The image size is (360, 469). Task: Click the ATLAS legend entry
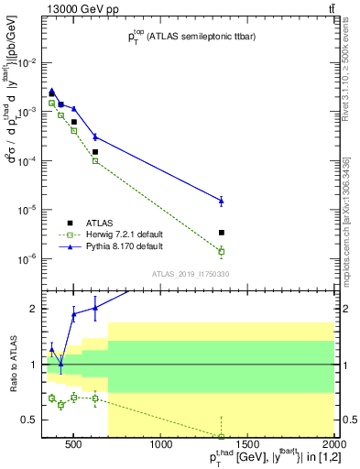pos(98,223)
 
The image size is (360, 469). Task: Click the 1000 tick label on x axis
pos(161,446)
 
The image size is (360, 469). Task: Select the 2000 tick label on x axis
pos(333,446)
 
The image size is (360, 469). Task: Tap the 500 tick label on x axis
pos(75,446)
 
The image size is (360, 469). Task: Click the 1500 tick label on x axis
pos(247,446)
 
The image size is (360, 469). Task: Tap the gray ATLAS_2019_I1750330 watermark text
pos(190,274)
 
